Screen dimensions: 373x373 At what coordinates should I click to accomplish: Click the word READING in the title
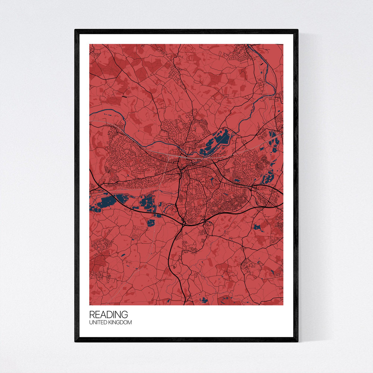108,315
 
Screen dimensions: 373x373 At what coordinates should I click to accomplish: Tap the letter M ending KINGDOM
130,323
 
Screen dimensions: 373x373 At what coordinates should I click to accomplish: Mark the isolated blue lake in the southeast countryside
257,227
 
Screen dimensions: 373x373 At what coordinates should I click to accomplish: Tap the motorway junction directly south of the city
184,223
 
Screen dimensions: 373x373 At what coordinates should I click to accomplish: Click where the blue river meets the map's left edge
90,112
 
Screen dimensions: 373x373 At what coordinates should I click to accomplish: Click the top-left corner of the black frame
75,30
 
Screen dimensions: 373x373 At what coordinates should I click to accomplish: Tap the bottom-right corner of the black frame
297,341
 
